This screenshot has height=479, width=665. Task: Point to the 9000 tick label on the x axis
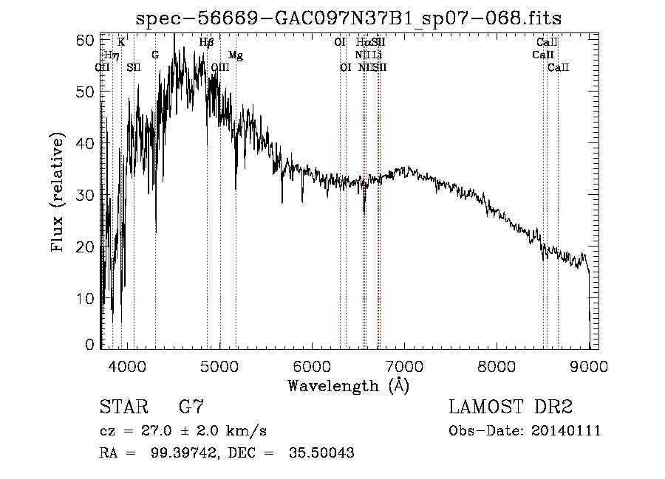point(588,365)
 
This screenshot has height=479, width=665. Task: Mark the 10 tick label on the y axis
point(88,298)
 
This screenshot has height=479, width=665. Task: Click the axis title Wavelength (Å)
point(348,385)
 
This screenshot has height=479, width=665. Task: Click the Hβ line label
point(207,43)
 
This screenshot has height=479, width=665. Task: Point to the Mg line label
point(235,55)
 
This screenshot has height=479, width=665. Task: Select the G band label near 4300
point(155,55)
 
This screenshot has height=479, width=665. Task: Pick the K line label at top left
point(121,43)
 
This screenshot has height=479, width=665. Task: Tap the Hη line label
point(112,55)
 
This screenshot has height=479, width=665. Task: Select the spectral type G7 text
point(191,407)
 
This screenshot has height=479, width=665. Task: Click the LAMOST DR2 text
point(511,407)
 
